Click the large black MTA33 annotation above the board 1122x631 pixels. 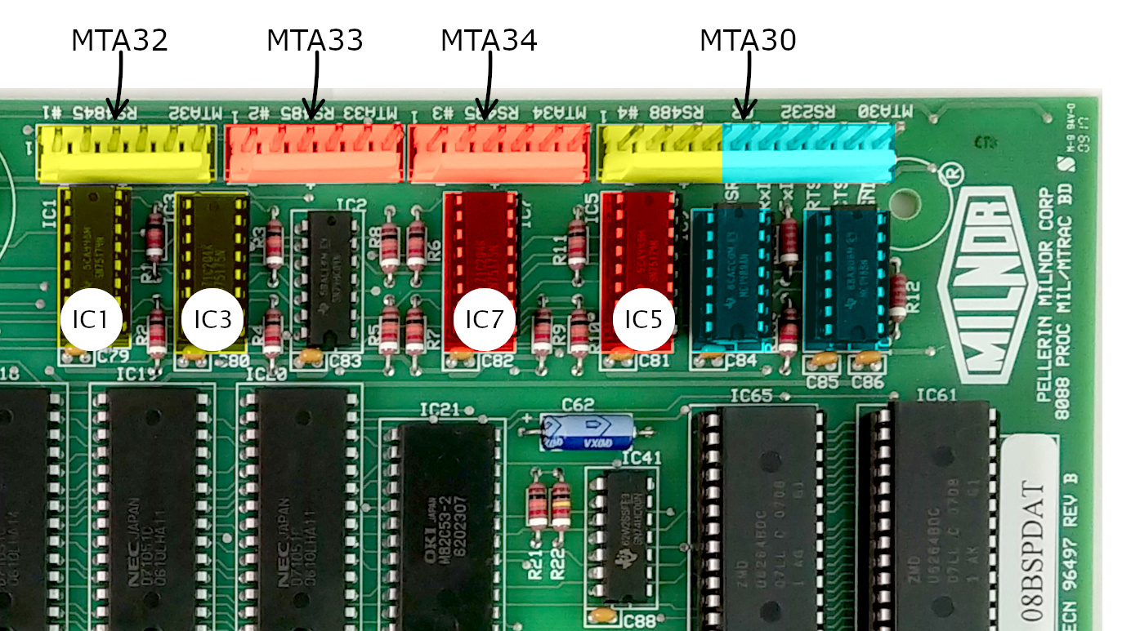tap(315, 41)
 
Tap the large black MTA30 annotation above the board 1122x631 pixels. tap(747, 41)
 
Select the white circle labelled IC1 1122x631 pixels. tap(91, 319)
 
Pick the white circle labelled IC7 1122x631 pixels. tap(484, 319)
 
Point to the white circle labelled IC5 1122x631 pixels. tap(643, 319)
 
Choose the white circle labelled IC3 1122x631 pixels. tap(212, 319)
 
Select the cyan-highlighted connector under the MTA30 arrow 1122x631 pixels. tap(808, 153)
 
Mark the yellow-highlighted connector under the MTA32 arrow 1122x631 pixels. tap(124, 153)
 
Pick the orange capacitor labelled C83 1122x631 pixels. tap(311, 355)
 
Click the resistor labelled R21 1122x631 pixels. tap(536, 506)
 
